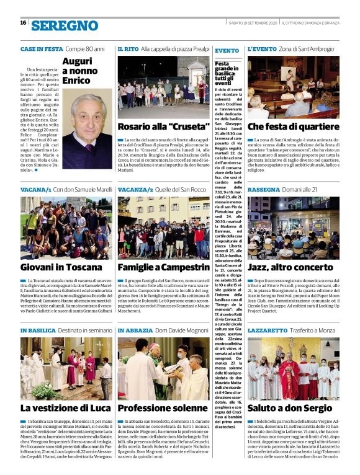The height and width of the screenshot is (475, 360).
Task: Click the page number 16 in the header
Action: (x=23, y=23)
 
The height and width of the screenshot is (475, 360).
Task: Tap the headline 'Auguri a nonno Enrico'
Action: (x=80, y=71)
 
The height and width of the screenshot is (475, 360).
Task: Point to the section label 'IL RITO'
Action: (x=128, y=48)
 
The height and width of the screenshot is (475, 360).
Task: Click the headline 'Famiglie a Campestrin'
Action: (x=163, y=267)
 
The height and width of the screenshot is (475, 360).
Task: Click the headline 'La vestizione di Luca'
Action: (x=65, y=409)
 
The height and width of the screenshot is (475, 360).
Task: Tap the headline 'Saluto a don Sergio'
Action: (x=290, y=409)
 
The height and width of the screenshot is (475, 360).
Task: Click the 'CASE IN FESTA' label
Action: (x=42, y=48)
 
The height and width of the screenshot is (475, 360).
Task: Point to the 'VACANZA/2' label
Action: (x=135, y=189)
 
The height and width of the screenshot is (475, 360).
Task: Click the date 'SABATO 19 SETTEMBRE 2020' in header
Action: (x=253, y=23)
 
